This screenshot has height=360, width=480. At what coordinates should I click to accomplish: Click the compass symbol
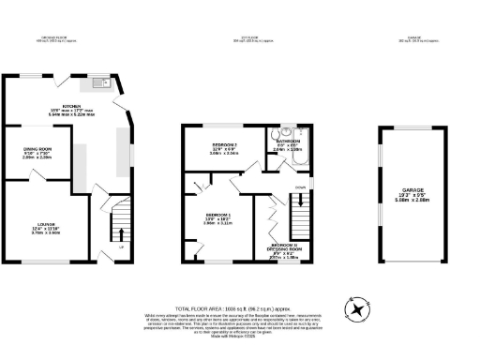tap(357, 309)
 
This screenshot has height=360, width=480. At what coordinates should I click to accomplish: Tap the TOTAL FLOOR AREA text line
tap(240, 307)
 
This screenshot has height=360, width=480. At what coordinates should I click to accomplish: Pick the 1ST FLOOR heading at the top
tap(249, 38)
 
